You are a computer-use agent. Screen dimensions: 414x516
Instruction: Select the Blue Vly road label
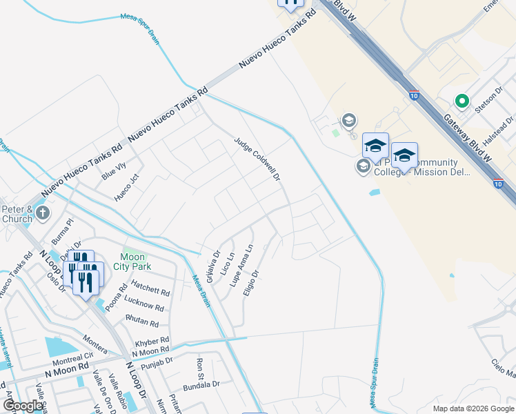click(x=115, y=170)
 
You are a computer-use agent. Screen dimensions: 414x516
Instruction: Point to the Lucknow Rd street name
click(x=145, y=306)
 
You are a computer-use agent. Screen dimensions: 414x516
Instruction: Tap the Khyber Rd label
click(x=152, y=341)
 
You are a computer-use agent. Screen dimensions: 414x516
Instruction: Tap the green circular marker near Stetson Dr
click(x=462, y=102)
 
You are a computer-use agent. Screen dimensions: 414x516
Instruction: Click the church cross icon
click(x=42, y=212)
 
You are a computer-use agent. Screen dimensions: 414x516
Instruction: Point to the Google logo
click(x=23, y=406)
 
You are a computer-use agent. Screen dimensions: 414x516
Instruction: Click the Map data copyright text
click(x=473, y=408)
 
